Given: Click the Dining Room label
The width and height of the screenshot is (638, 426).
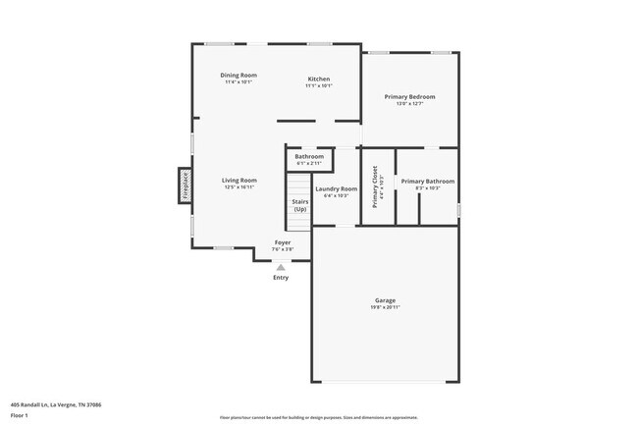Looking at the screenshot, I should [239, 76].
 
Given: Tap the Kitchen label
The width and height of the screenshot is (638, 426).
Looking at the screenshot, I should [319, 79].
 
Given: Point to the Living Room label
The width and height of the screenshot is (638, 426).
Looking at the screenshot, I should [239, 180].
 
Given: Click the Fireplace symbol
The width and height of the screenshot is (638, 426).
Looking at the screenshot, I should [185, 185].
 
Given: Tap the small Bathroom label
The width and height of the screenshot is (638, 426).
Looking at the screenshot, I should [309, 156].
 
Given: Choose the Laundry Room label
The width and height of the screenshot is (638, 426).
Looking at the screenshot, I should [337, 187].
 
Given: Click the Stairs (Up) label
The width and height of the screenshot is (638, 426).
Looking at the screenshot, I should [300, 205].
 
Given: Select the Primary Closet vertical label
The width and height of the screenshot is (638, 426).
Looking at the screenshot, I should [376, 186].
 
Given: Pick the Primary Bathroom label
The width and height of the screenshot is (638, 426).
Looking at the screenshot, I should [427, 181].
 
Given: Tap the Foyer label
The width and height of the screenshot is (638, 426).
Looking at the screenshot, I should [283, 241].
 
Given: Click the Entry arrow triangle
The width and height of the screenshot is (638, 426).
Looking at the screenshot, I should [282, 266].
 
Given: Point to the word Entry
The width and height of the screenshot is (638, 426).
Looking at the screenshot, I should [282, 278].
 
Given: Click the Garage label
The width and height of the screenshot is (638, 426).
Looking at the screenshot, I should [385, 300].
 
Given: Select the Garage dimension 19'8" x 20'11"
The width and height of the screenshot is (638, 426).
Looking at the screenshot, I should [385, 307].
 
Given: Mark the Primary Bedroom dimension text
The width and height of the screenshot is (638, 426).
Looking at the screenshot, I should [416, 104].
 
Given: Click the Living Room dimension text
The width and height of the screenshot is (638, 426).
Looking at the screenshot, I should [239, 186].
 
